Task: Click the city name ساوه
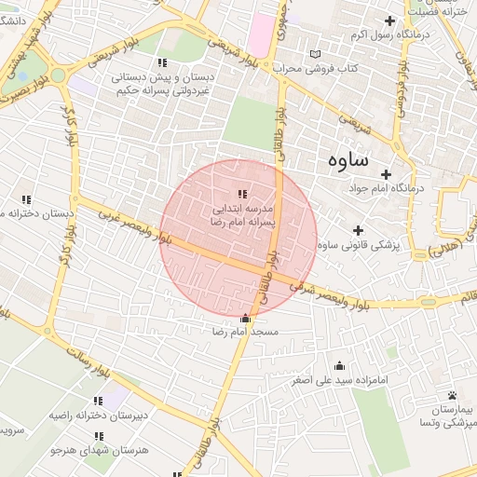[x=348, y=159]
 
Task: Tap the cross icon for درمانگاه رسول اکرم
[x=389, y=20]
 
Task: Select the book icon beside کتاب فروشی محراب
[x=314, y=54]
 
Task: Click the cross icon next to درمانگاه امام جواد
[x=386, y=173]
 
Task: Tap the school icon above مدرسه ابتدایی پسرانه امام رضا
[x=242, y=194]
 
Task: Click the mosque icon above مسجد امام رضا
[x=245, y=318]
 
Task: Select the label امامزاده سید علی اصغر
[x=339, y=380]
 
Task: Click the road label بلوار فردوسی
[x=400, y=89]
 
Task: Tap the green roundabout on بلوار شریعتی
[x=57, y=74]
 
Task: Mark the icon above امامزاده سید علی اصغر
[x=339, y=365]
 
